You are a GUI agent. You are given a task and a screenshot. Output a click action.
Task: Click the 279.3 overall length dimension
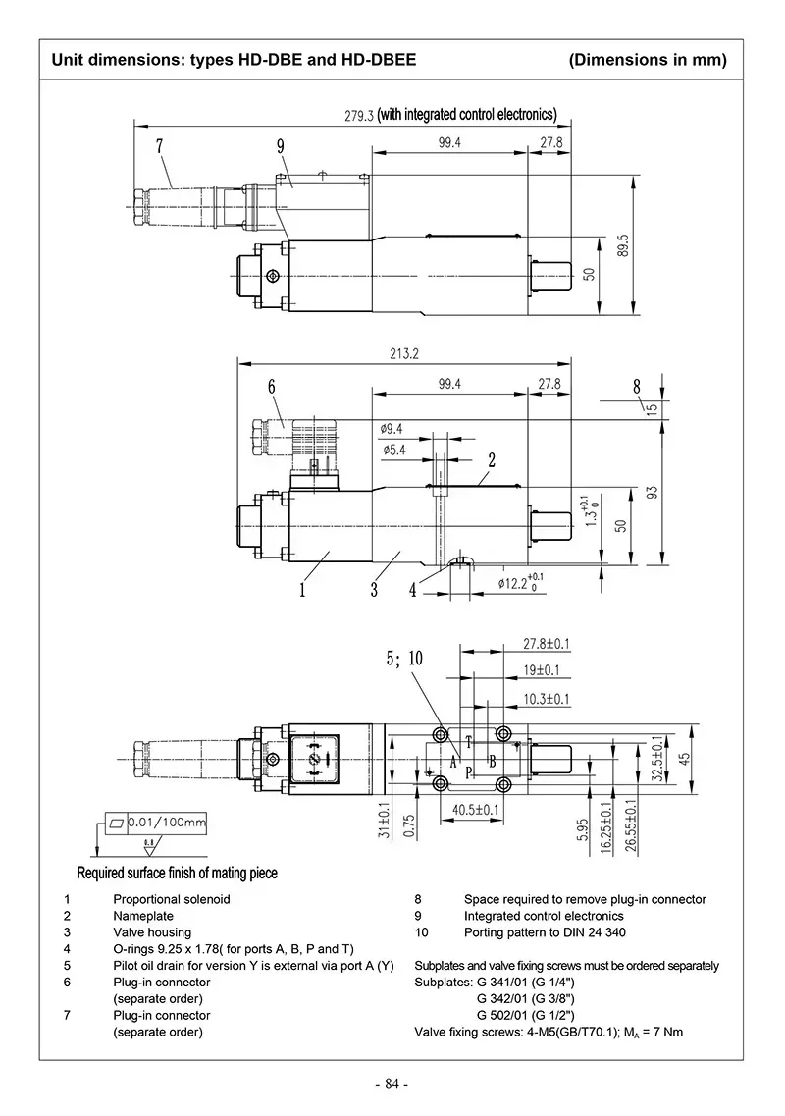pos(359,115)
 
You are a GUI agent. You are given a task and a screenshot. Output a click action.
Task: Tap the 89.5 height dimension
pos(622,246)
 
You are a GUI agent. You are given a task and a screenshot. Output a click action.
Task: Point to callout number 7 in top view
pos(159,147)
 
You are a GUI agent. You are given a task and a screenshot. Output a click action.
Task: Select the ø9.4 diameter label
pos(391,428)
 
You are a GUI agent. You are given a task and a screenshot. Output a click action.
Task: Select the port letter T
pos(469,741)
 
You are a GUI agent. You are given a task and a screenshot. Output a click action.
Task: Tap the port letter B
pos(493,762)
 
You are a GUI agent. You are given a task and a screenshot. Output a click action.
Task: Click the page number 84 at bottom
pos(392,1084)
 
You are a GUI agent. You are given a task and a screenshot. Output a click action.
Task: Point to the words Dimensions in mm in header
pos(648,60)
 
